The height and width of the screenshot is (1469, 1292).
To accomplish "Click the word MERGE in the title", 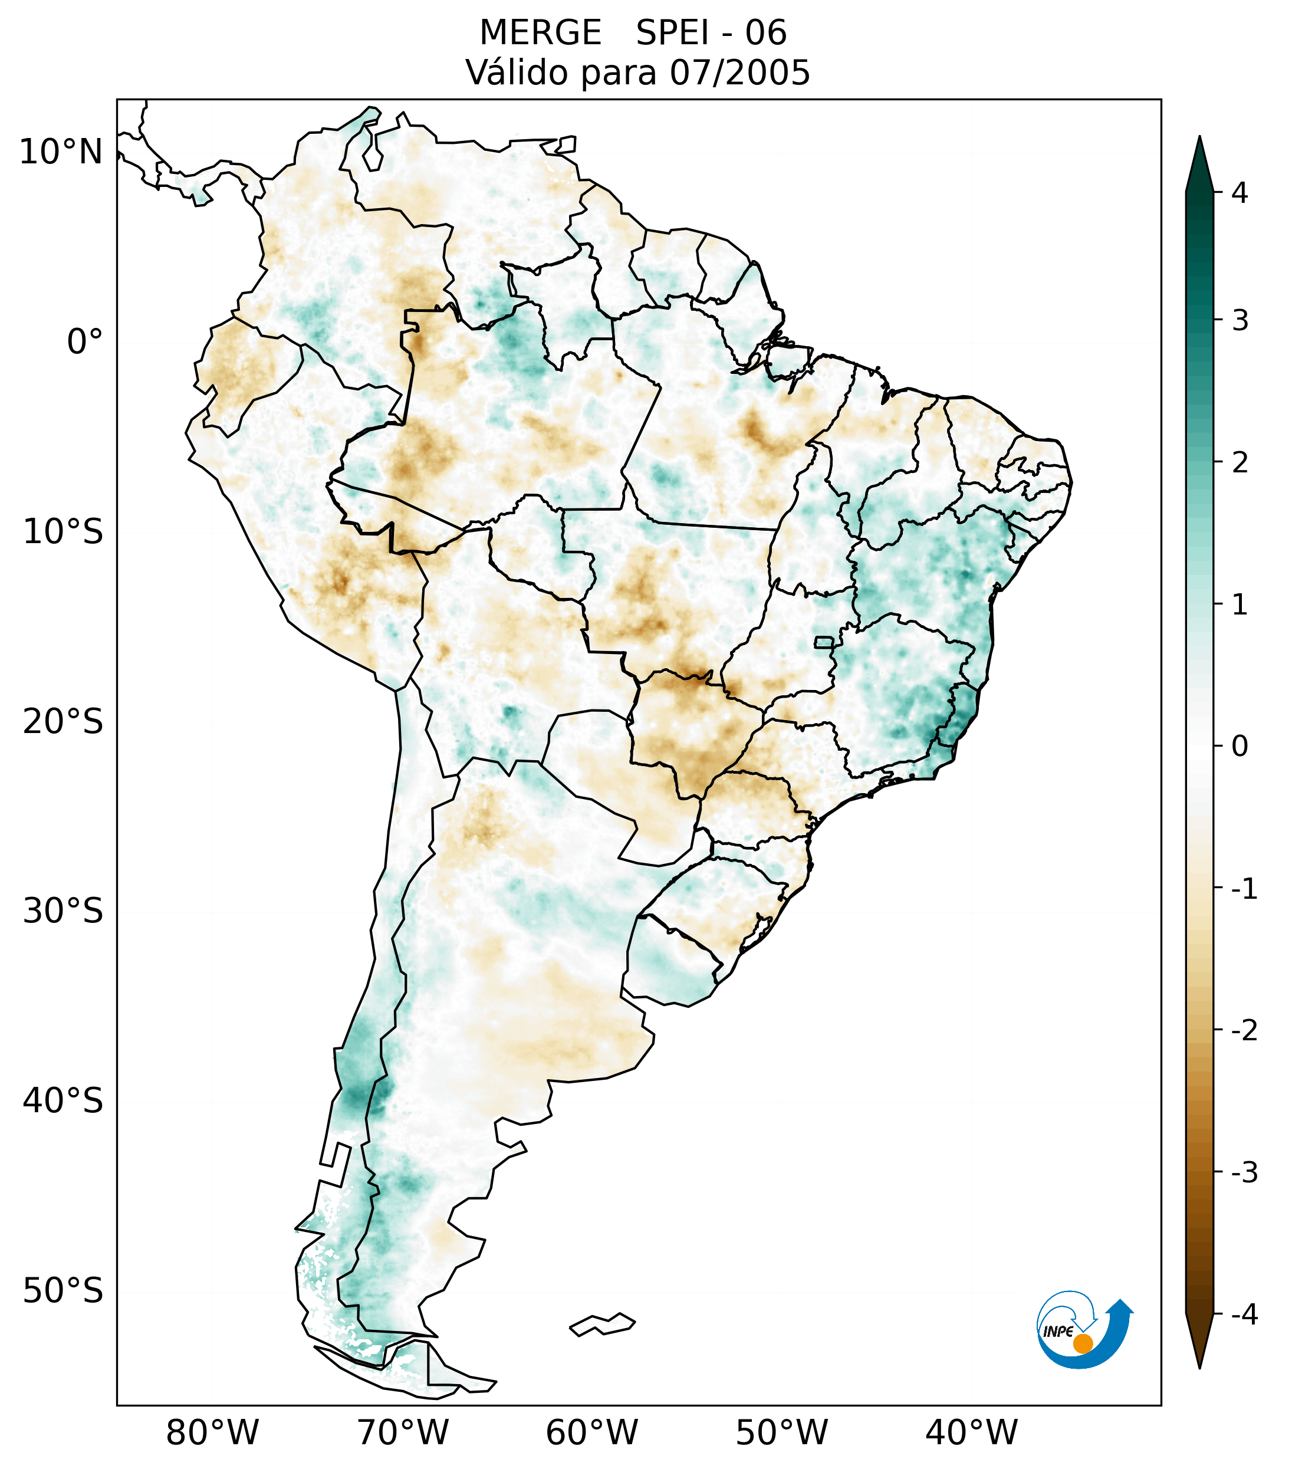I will tap(540, 33).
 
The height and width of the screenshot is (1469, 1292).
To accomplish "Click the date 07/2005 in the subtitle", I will tap(739, 73).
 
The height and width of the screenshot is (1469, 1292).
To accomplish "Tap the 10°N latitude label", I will tap(60, 152).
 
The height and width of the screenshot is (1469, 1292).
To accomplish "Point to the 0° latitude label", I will tap(85, 342).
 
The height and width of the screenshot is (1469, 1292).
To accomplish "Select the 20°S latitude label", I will tap(63, 722).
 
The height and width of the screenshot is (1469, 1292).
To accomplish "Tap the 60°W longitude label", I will tap(591, 1433).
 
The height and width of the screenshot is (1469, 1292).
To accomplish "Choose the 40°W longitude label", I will tap(972, 1433).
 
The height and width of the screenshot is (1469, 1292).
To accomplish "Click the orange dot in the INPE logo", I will tap(1083, 1343).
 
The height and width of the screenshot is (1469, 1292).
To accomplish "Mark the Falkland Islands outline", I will tap(602, 1325).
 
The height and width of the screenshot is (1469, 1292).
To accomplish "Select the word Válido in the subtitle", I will tap(517, 73).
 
